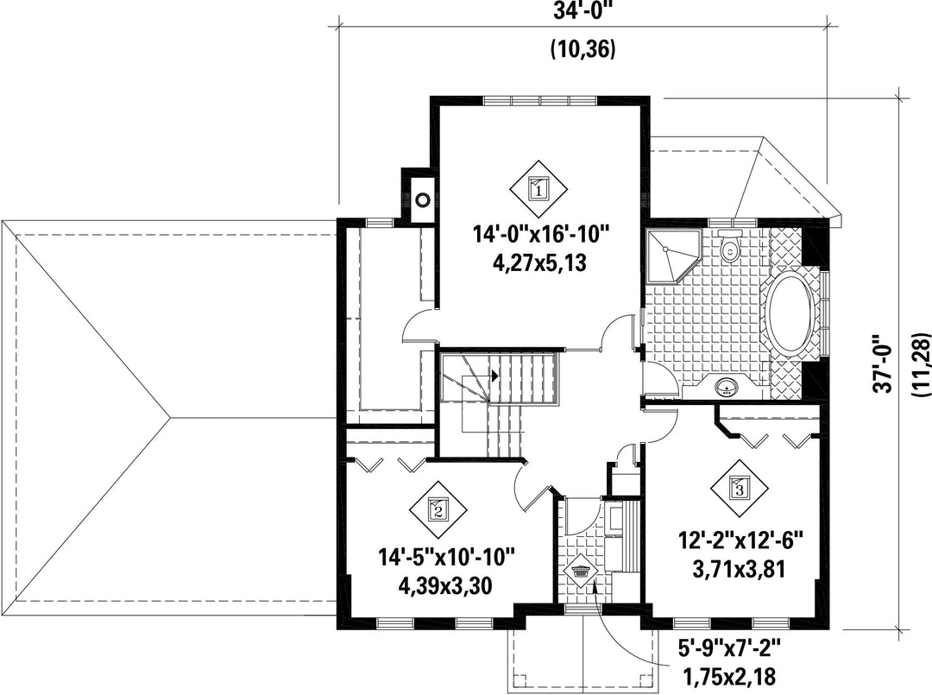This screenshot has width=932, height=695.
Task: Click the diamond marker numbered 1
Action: (x=538, y=189)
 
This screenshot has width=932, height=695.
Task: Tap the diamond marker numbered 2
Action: (x=438, y=509)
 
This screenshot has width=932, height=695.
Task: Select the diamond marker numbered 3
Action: (x=740, y=489)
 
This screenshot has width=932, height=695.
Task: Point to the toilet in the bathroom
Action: (x=727, y=247)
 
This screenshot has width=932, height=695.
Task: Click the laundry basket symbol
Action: (x=581, y=572)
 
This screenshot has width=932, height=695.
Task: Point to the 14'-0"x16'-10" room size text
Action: (x=541, y=234)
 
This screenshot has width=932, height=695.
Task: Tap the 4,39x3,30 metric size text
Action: (x=446, y=586)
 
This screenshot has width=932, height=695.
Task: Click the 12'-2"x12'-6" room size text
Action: (x=740, y=541)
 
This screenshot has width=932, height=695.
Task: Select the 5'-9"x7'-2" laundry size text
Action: (x=727, y=647)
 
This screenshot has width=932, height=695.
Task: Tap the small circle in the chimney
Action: (x=422, y=200)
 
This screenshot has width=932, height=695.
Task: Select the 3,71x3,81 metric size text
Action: (x=740, y=570)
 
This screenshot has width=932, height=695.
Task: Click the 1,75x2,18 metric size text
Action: (x=728, y=676)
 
